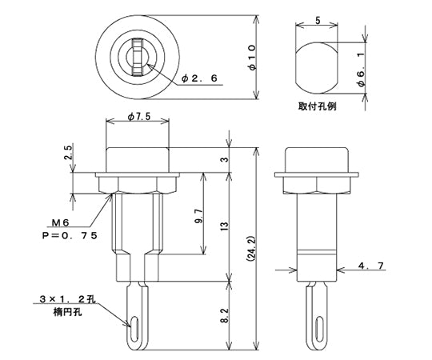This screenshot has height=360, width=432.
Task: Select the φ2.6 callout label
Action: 199,78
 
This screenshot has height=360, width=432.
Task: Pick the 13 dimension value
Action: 225,227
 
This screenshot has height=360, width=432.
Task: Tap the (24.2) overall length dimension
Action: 251,250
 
